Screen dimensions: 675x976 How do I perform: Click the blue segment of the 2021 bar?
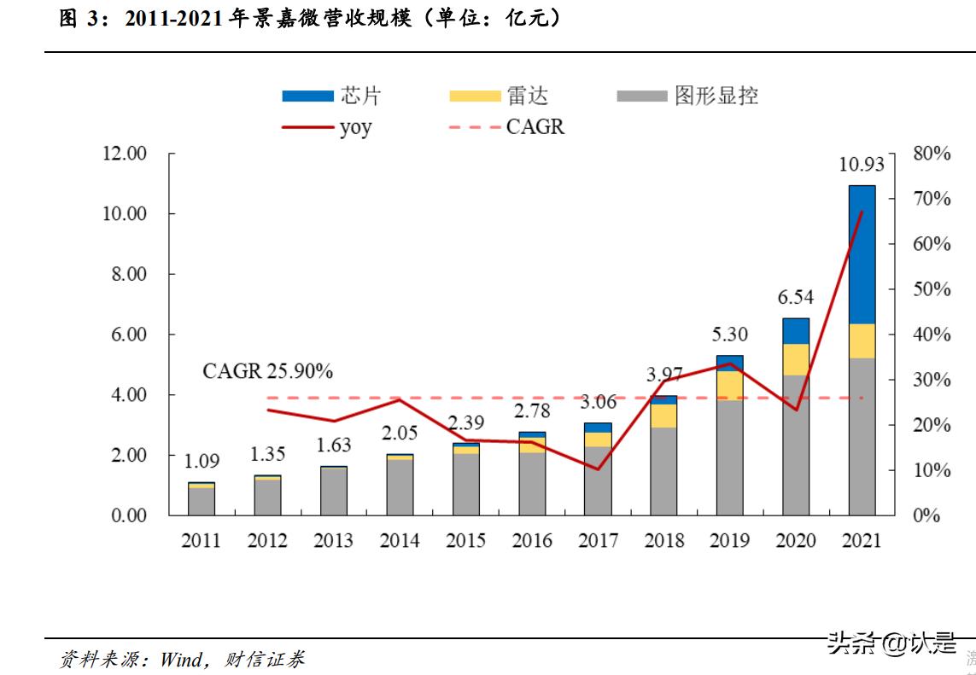coord(862,254)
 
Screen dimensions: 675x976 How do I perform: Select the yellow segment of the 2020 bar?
coord(796,359)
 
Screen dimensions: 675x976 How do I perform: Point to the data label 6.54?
coord(795,297)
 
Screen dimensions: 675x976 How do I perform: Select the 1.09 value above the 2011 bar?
coord(202,462)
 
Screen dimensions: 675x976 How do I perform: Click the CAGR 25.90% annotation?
coord(267,372)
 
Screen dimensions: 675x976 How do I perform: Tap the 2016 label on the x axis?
coord(532,541)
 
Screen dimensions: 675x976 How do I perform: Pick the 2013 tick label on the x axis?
coord(334,541)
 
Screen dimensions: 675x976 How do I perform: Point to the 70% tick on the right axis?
coord(932,199)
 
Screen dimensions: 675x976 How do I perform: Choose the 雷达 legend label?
coord(529,96)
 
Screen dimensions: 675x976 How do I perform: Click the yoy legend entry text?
coord(356,128)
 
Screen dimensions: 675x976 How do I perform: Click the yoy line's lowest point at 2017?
coord(598,469)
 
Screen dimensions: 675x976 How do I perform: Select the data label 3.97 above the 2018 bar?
coord(664,375)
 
